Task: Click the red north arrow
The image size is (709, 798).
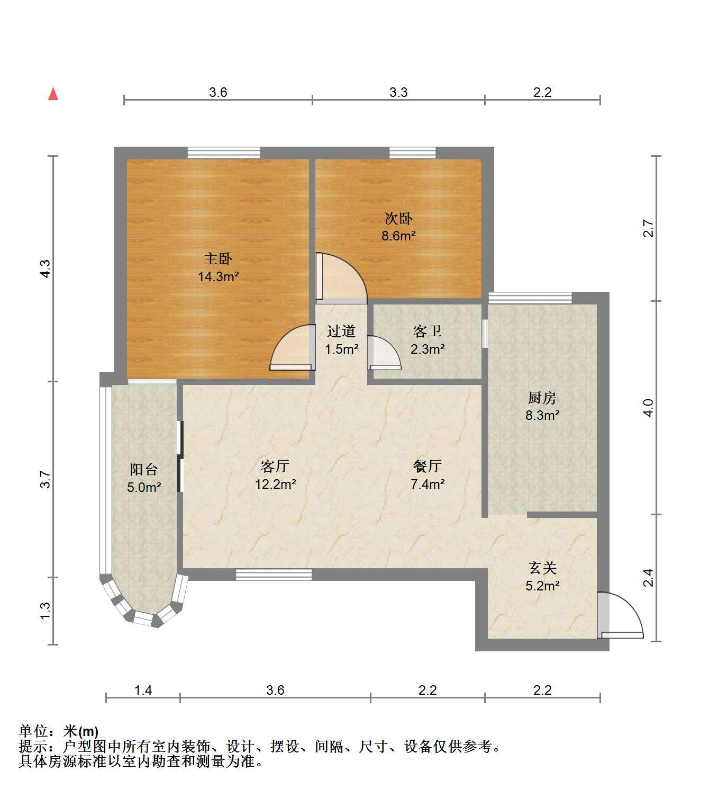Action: pos(53,94)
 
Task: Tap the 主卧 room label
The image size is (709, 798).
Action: pos(217,259)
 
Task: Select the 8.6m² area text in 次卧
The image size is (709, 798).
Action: pos(398,236)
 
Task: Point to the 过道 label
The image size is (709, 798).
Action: pos(341,331)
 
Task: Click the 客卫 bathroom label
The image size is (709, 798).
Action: pos(427,331)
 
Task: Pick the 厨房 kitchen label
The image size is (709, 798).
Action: pos(542,398)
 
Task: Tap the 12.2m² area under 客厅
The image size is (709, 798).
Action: pos(275,484)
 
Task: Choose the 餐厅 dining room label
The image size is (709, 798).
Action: pos(427,467)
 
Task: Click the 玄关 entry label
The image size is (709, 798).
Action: pos(542,568)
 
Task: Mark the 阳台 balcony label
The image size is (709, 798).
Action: pos(144,470)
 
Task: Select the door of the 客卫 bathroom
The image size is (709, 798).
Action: pos(384,353)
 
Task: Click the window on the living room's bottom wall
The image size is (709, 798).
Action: pos(274,575)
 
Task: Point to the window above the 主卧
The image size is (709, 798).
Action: pos(224,153)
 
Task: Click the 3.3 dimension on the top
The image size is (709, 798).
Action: pos(398,92)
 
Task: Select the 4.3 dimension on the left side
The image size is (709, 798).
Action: pos(46,268)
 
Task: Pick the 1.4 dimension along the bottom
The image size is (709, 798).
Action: pos(143,690)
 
